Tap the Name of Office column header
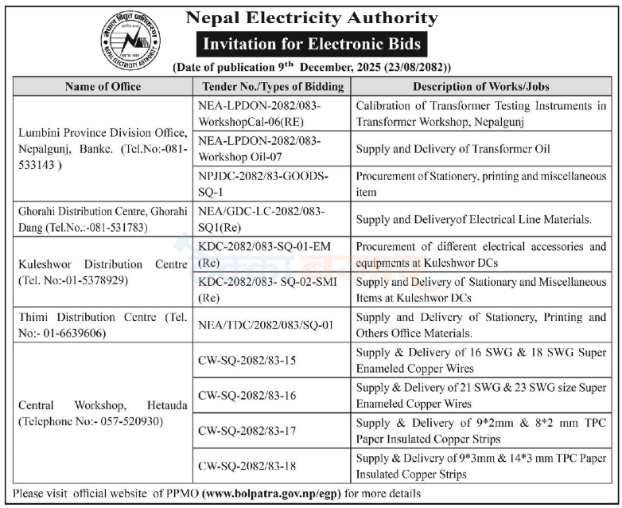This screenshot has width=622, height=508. pos(103,86)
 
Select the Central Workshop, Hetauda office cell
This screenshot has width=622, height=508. pos(103,412)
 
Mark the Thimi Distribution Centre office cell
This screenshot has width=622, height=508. pos(103,325)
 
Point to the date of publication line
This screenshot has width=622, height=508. pos(311,68)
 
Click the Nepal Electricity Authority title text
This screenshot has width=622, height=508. pos(311,18)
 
